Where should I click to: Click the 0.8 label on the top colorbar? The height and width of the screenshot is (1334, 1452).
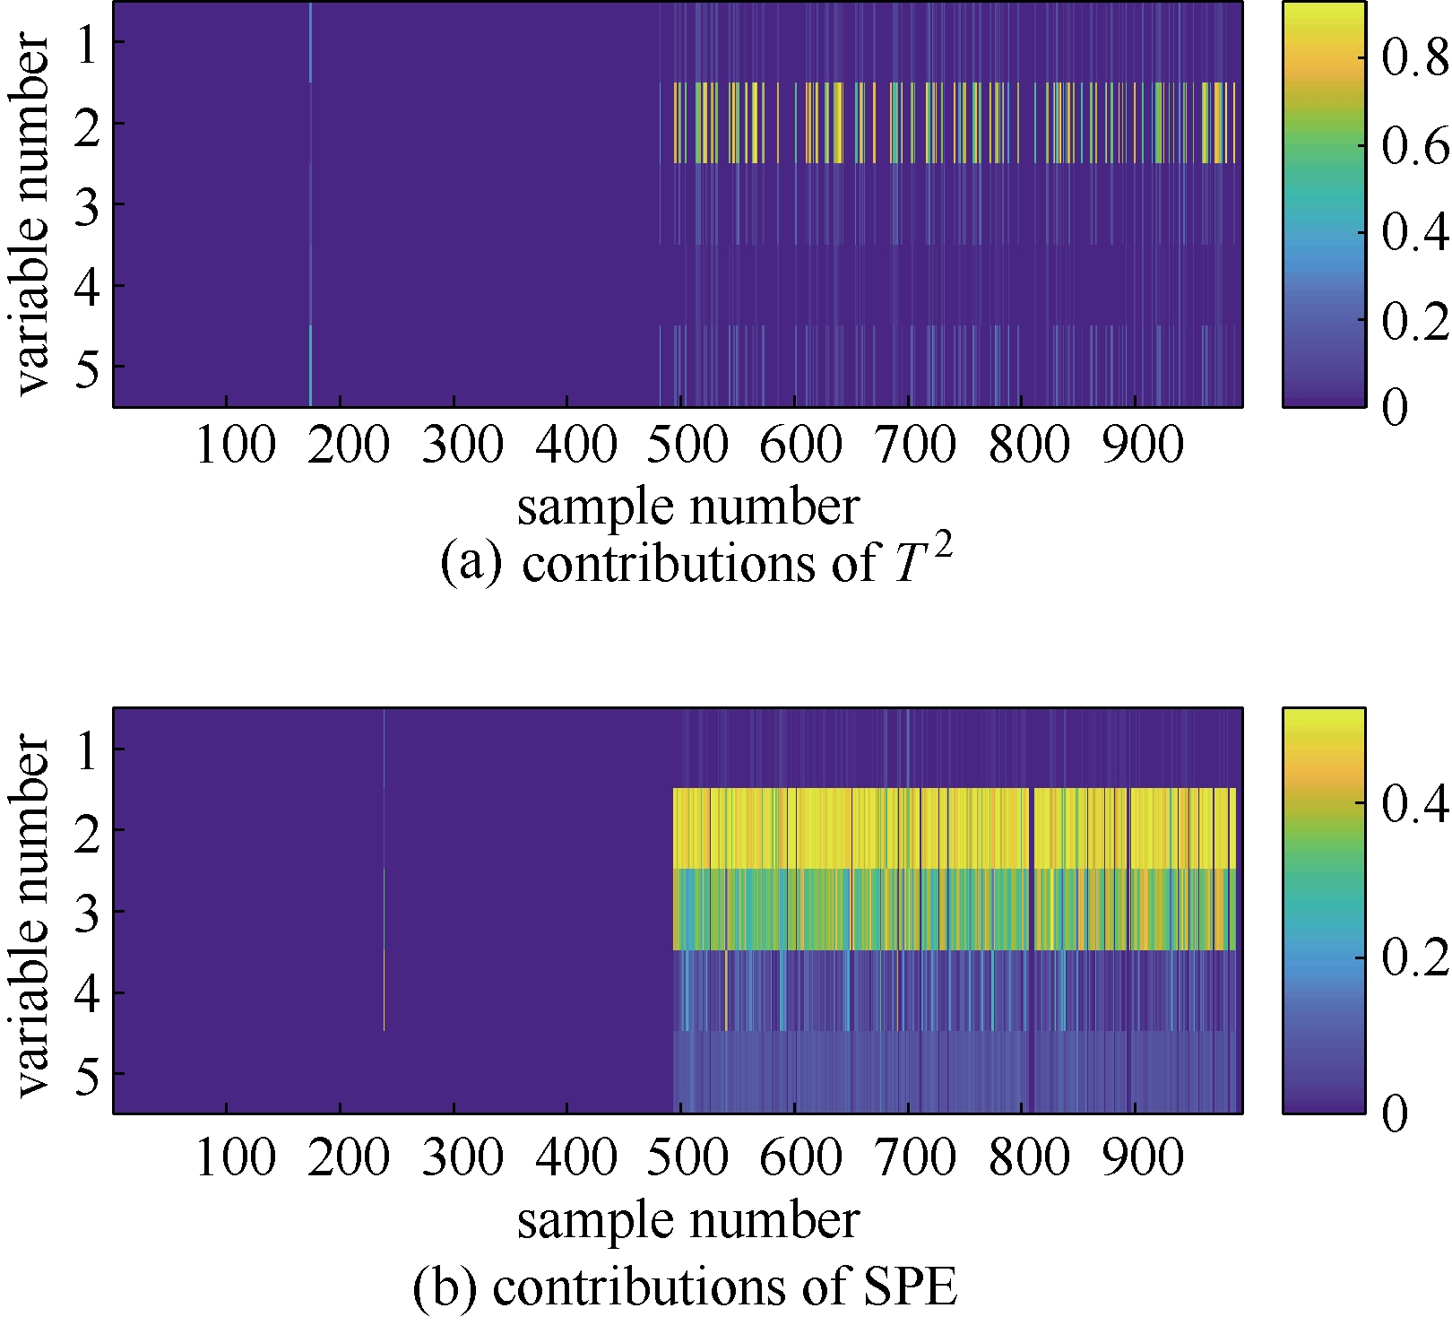pyautogui.click(x=1413, y=59)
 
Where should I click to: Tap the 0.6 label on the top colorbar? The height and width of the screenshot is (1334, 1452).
pyautogui.click(x=1413, y=146)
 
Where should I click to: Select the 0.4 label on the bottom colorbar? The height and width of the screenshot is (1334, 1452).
pyautogui.click(x=1413, y=803)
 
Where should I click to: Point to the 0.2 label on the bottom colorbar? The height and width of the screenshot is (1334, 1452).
pyautogui.click(x=1413, y=957)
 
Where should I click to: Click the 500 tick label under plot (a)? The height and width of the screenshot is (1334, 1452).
pyautogui.click(x=687, y=445)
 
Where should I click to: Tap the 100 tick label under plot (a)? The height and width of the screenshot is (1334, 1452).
pyautogui.click(x=235, y=445)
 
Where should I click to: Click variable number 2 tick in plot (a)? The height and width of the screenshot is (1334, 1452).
pyautogui.click(x=87, y=123)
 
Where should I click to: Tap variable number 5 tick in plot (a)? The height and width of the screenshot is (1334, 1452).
pyautogui.click(x=87, y=367)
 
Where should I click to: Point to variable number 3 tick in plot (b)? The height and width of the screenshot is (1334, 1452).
pyautogui.click(x=87, y=911)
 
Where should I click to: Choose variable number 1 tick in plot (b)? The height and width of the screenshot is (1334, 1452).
pyautogui.click(x=87, y=749)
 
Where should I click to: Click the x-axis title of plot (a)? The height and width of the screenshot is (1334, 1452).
pyautogui.click(x=687, y=507)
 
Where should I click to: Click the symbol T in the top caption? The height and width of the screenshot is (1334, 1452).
pyautogui.click(x=909, y=565)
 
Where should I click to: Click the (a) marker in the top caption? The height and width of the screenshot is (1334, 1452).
pyautogui.click(x=470, y=565)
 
